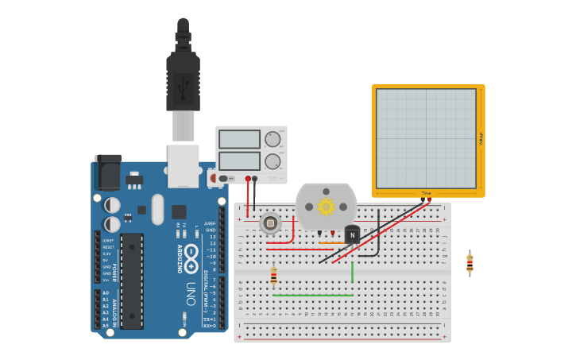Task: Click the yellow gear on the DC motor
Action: pos(326,207)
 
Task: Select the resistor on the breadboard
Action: pos(274,276)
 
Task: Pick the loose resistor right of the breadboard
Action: pos(470,263)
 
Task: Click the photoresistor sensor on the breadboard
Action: pos(270,223)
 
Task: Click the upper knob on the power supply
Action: pos(273,139)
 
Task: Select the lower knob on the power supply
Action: pos(273,161)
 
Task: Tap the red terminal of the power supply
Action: pos(248,179)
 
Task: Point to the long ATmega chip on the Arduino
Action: pos(132,281)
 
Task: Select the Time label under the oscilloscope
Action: pos(427,193)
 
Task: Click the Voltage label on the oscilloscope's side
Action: pos(481,138)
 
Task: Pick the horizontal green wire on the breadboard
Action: pos(312,296)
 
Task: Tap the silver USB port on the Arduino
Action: pos(184,165)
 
